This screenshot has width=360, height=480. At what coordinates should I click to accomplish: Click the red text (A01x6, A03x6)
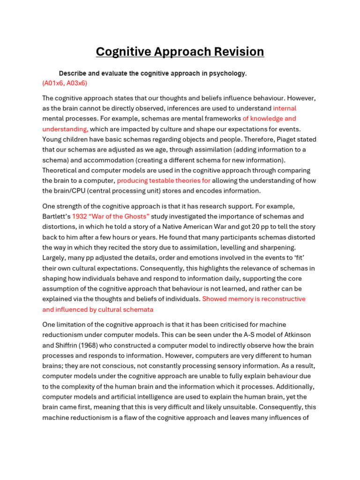(x=65, y=83)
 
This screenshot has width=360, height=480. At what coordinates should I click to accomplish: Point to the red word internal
(x=285, y=108)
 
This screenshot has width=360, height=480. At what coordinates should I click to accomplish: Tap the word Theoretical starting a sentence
(x=61, y=170)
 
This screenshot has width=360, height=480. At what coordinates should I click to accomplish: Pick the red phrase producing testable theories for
(x=164, y=180)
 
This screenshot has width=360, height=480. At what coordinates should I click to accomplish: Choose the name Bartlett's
(x=56, y=216)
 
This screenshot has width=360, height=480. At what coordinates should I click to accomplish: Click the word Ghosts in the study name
(x=136, y=216)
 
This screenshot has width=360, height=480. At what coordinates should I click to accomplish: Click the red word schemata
(x=138, y=309)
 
